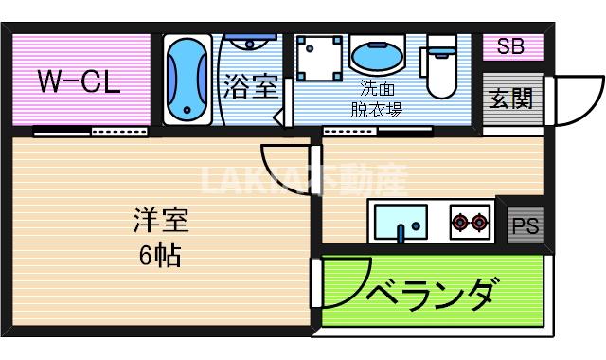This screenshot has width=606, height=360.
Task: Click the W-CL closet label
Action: click(x=79, y=81)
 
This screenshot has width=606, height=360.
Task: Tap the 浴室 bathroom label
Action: click(x=251, y=87)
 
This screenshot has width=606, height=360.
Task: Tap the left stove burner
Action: click(x=461, y=224)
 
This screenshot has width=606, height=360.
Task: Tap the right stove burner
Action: click(x=481, y=224)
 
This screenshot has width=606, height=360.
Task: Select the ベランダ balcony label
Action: click(x=429, y=292)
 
